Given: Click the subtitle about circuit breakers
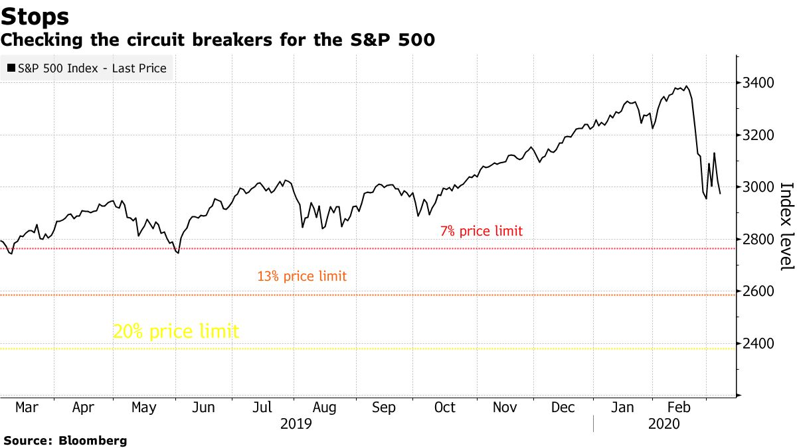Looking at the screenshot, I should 218,40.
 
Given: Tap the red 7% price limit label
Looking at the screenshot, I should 481,232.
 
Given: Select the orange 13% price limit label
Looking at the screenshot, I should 302,276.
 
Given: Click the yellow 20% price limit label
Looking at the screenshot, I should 175,331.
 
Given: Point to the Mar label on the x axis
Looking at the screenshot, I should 26,408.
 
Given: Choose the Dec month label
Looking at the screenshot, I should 564,408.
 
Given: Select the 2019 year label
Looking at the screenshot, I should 296,423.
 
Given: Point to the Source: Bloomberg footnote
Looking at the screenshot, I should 65,440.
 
